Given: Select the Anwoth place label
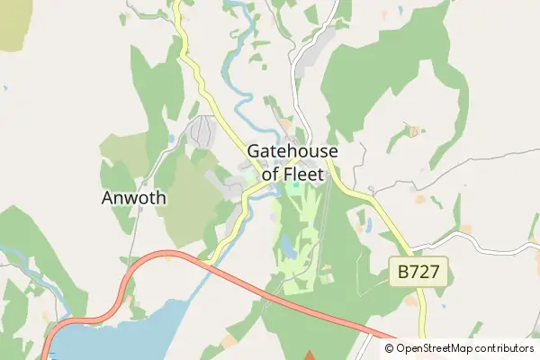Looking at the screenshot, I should point(134,198).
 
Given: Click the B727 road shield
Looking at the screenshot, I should point(418,271).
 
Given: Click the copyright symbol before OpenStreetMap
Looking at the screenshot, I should point(390,348).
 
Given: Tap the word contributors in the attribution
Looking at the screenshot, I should point(506,348).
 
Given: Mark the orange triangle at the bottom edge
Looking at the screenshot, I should point(310,355).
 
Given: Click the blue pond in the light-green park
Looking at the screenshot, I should point(287,245).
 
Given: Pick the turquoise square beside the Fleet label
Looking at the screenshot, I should point(295,186).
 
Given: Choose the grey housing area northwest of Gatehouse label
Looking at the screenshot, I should point(203,132).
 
